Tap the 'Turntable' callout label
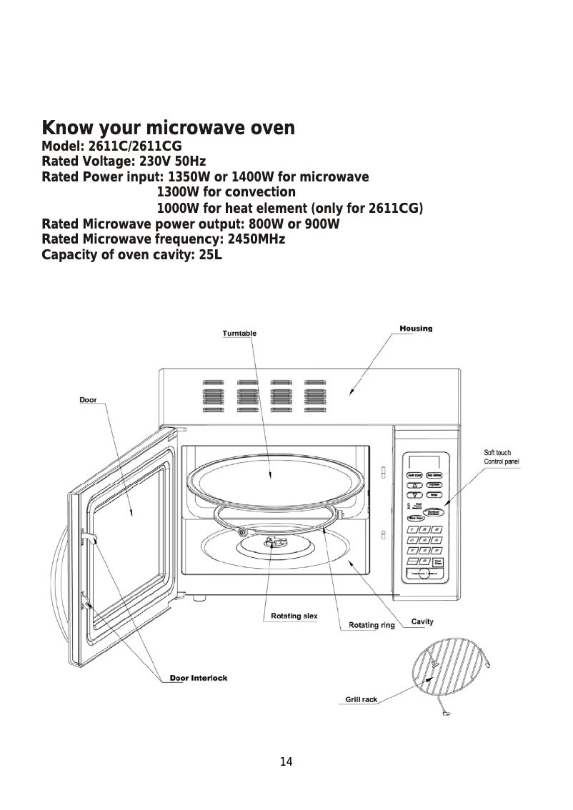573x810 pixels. pos(239,334)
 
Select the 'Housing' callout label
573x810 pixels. pos(415,329)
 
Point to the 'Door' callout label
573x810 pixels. pos(88,400)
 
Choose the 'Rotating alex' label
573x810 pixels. pos(294,616)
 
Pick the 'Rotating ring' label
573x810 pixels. pos(372,626)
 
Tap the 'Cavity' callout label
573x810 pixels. pos(422,621)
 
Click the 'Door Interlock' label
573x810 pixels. pos(199,678)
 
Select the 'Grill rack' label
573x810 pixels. pos(362,699)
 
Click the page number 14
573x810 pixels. pos(286,761)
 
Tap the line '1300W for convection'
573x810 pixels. pos(226,192)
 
